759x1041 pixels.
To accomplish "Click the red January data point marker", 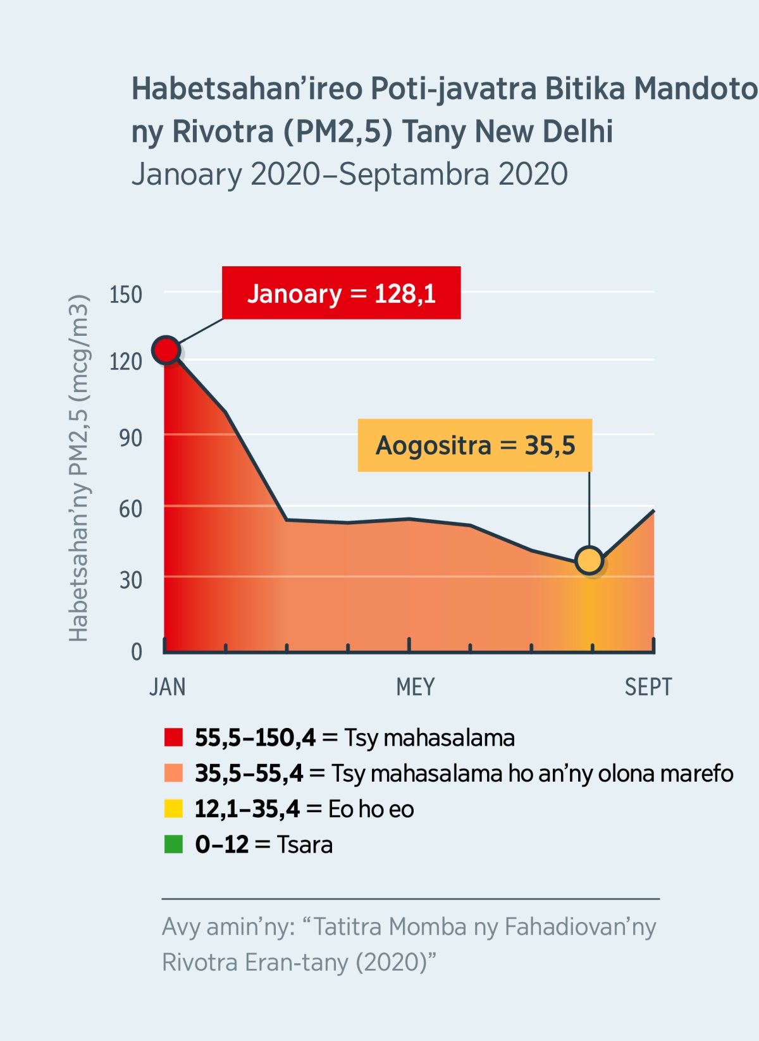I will pyautogui.click(x=166, y=350).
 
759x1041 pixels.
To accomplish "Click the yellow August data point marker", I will pyautogui.click(x=589, y=560).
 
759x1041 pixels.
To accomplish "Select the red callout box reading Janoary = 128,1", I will pyautogui.click(x=341, y=293).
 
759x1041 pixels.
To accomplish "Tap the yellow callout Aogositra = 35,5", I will pyautogui.click(x=475, y=445).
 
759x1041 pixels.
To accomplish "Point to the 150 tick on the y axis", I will pyautogui.click(x=126, y=295).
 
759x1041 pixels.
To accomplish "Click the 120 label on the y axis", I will pyautogui.click(x=126, y=362).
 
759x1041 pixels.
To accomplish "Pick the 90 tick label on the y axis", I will pyautogui.click(x=130, y=438).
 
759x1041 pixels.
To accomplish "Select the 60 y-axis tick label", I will pyautogui.click(x=130, y=508).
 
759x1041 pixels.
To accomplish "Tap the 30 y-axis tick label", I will pyautogui.click(x=130, y=580).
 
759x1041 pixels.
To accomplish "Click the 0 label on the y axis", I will pyautogui.click(x=137, y=651).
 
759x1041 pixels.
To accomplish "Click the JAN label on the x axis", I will pyautogui.click(x=168, y=687).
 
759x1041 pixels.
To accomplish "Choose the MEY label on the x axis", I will pyautogui.click(x=416, y=687).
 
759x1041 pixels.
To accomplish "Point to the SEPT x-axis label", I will pyautogui.click(x=648, y=687).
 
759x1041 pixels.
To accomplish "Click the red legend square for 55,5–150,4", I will pyautogui.click(x=173, y=737).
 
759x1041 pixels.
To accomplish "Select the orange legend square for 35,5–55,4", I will pyautogui.click(x=173, y=773).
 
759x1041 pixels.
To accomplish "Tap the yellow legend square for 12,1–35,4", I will pyautogui.click(x=173, y=809).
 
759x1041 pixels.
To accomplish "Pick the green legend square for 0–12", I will pyautogui.click(x=173, y=844).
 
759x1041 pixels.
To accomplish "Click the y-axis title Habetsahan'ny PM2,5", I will pyautogui.click(x=78, y=468).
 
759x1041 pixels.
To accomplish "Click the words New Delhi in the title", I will pyautogui.click(x=544, y=132).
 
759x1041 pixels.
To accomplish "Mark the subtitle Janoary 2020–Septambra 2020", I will pyautogui.click(x=350, y=175).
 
